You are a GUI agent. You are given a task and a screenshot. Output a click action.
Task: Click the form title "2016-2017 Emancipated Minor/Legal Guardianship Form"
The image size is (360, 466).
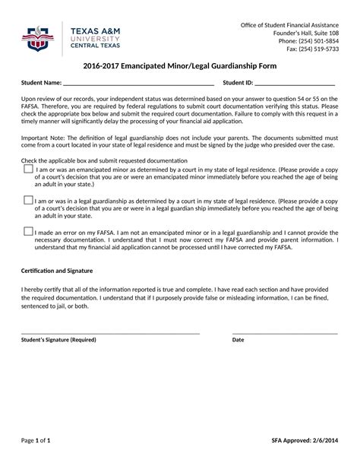pos(179,66)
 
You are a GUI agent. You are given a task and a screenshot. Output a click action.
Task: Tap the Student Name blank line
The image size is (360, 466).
pos(137,84)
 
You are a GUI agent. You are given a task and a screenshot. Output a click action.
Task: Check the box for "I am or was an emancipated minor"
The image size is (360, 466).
pos(28,170)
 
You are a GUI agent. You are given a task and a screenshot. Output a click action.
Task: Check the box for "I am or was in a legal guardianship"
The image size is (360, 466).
pos(28,201)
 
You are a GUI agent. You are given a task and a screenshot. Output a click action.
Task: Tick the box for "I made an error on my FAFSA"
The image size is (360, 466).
pos(28,231)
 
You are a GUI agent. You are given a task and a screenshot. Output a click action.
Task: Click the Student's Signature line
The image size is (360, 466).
pos(110,333)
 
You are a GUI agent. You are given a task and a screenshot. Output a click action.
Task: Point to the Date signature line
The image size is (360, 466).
pos(285,333)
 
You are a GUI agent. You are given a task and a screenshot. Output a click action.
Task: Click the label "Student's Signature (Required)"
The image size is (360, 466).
pos(58,340)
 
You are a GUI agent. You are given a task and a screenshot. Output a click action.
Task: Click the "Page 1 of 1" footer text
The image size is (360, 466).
pos(36,440)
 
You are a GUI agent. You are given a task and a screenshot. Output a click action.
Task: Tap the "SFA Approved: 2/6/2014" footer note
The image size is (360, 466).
pos(305,440)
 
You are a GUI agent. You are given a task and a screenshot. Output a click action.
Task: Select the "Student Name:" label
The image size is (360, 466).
pos(41,83)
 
